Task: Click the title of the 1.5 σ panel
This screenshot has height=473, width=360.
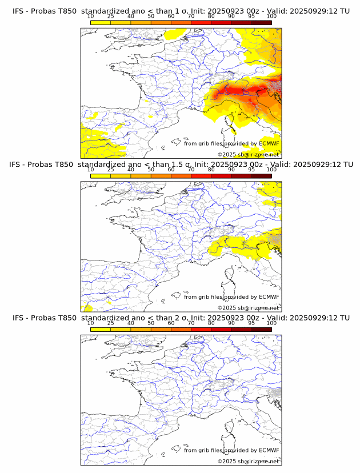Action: point(181,165)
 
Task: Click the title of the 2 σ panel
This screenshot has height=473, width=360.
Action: point(181,318)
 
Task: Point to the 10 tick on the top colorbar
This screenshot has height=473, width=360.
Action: point(91,17)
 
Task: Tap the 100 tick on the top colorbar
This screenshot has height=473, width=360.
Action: point(271,17)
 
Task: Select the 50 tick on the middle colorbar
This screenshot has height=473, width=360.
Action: point(151,170)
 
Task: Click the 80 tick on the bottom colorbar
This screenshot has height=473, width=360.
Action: point(211,323)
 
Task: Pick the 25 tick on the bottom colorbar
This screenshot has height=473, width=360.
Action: point(111,323)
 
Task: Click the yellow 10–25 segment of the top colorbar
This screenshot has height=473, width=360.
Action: point(101,22)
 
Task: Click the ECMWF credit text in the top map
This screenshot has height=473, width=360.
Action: point(231,143)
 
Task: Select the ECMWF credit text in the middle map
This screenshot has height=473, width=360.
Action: point(231,296)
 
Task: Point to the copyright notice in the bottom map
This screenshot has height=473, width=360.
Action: point(248,461)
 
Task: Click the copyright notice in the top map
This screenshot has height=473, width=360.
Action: point(248,155)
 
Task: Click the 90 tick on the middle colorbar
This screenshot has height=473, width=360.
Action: point(231,170)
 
